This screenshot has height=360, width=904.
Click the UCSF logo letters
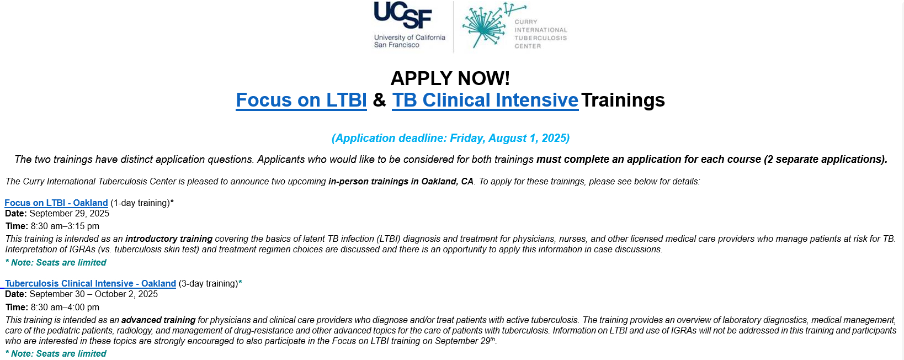[403, 15]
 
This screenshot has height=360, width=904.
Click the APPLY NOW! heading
[450, 78]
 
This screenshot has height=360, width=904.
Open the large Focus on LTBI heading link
[301, 100]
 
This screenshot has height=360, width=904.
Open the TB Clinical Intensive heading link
[485, 100]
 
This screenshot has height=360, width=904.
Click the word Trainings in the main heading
[623, 100]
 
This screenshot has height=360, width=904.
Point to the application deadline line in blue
[450, 138]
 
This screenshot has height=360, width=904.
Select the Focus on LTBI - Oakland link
[56, 203]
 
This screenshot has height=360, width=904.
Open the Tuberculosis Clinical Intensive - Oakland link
[91, 283]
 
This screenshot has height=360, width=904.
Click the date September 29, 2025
[70, 214]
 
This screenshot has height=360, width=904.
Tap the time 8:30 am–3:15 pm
[65, 226]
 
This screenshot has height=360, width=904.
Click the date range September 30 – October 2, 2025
[94, 294]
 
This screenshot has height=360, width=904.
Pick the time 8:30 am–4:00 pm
[65, 307]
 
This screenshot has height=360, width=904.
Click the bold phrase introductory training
[169, 239]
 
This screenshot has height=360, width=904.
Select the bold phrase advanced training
[158, 320]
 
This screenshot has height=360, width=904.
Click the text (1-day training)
[140, 203]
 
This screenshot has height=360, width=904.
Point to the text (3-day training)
[209, 283]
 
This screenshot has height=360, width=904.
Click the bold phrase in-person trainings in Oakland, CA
[401, 181]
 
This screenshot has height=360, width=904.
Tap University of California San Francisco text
[410, 41]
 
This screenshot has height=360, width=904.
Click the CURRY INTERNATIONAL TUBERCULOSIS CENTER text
[541, 34]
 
